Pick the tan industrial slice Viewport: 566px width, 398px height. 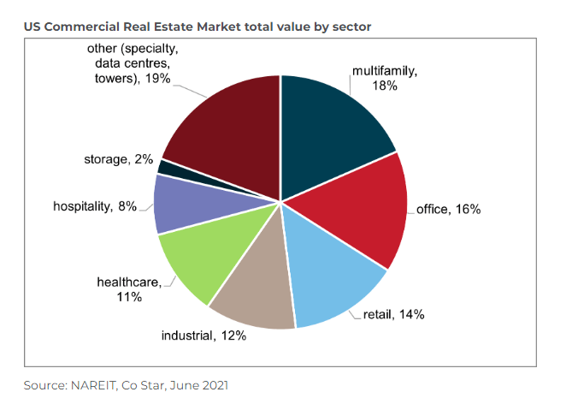pyautogui.click(x=256, y=291)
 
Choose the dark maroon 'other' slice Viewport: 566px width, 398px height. pyautogui.click(x=227, y=128)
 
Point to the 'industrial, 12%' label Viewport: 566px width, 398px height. pyautogui.click(x=204, y=335)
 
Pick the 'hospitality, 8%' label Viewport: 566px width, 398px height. pyautogui.click(x=96, y=205)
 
